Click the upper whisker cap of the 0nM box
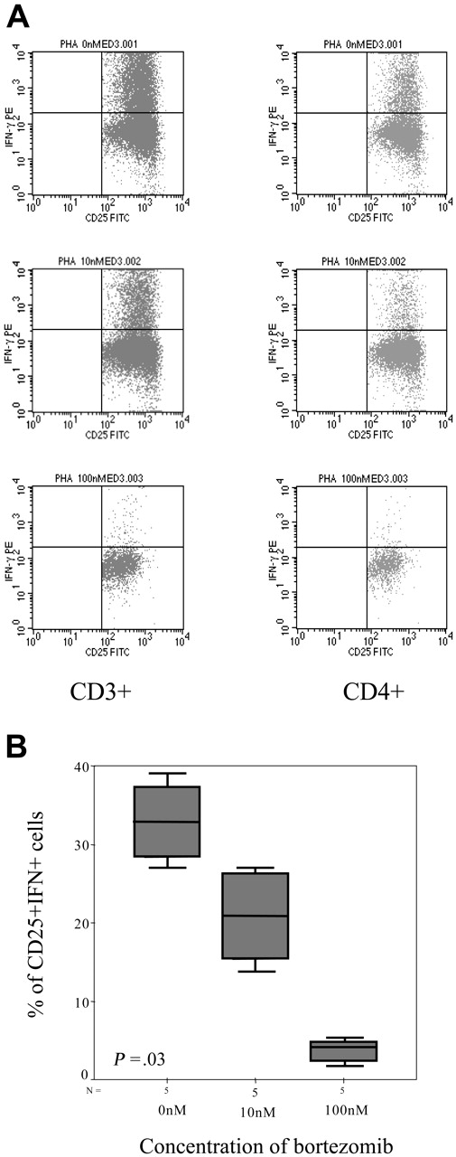tap(167, 773)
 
